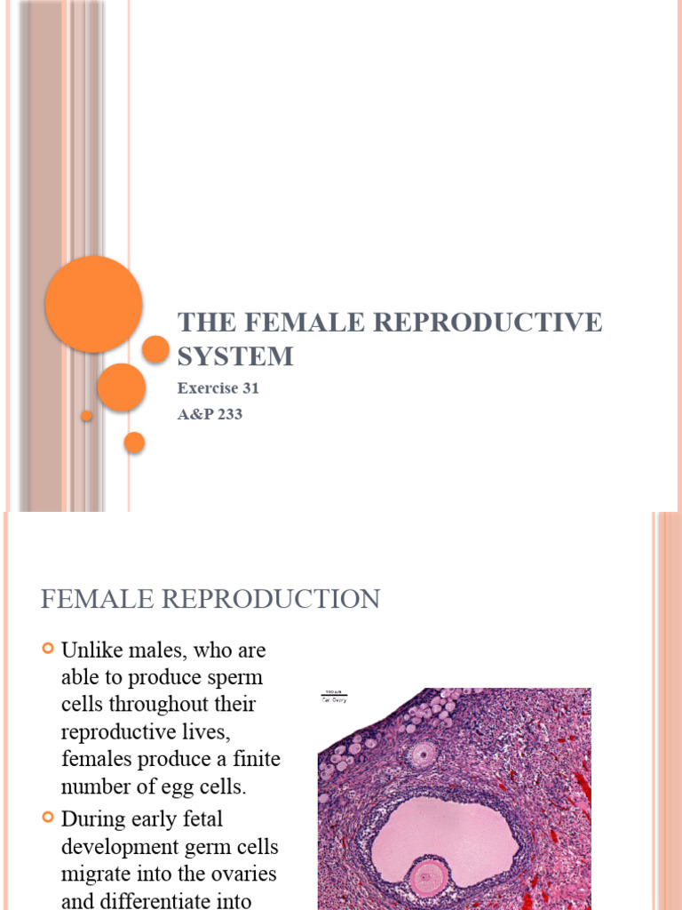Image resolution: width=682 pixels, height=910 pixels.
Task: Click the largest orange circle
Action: click(x=93, y=304)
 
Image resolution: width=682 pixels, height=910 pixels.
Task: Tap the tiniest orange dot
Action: click(x=86, y=415)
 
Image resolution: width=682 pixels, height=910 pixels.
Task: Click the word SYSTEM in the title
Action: click(x=234, y=356)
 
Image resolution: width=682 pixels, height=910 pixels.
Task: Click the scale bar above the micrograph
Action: click(x=334, y=693)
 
